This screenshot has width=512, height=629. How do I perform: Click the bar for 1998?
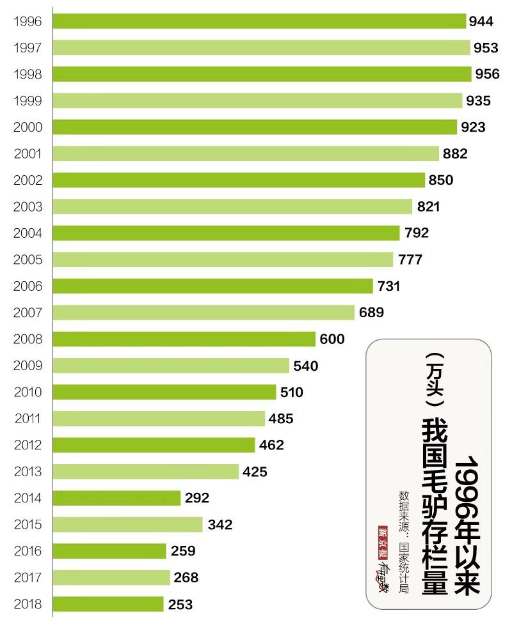(x=262, y=74)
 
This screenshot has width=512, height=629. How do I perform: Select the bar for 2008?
(x=184, y=339)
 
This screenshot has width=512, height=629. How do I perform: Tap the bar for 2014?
(x=116, y=498)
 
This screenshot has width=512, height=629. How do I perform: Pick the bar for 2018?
(x=108, y=604)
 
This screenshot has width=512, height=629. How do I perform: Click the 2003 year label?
(x=28, y=206)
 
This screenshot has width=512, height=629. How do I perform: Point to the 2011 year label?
(x=28, y=419)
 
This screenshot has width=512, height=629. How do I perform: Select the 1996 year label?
(x=28, y=21)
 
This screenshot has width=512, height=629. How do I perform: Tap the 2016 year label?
(x=28, y=551)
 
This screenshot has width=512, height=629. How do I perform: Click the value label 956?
(x=487, y=74)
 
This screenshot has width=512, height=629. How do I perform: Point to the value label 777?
(x=410, y=260)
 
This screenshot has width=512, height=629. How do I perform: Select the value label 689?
(x=371, y=313)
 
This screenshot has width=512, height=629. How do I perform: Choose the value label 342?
(x=220, y=525)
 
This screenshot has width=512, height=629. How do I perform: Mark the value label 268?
(x=186, y=578)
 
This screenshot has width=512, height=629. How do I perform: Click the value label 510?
(x=291, y=392)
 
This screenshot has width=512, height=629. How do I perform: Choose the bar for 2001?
(x=246, y=153)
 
